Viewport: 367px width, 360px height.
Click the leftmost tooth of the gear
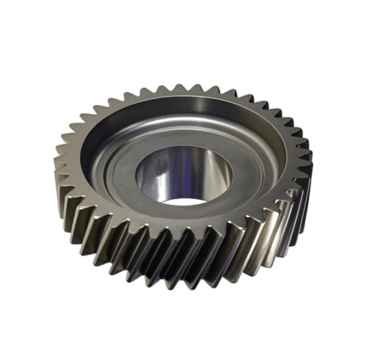click(x=60, y=158)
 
